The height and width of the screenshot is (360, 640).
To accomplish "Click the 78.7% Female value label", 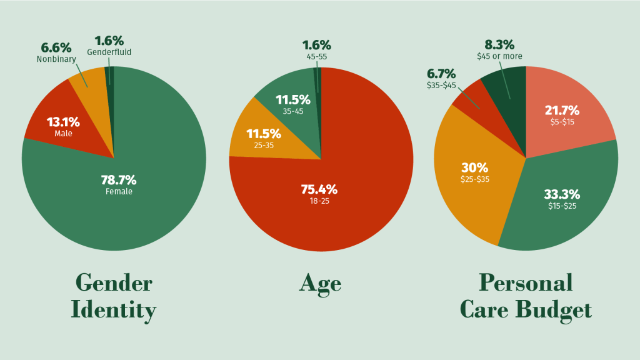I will (x=119, y=181).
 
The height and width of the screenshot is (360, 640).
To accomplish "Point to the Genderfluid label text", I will (x=109, y=52).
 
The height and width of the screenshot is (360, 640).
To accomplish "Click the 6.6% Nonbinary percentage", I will (x=56, y=48).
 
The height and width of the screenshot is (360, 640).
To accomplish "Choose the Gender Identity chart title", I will (x=113, y=296).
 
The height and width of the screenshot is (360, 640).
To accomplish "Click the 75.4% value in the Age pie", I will (x=319, y=189).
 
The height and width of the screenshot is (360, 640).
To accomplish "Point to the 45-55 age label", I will (x=316, y=57).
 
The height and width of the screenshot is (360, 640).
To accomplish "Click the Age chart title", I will (x=320, y=283).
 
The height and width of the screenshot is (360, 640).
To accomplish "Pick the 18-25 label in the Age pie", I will (x=319, y=201).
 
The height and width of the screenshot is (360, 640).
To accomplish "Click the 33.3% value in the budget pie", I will (x=562, y=194).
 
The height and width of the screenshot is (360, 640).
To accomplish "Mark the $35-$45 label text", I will (x=441, y=85).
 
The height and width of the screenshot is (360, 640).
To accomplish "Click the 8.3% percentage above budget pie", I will (x=499, y=45).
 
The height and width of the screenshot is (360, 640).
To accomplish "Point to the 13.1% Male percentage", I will (x=63, y=122).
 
